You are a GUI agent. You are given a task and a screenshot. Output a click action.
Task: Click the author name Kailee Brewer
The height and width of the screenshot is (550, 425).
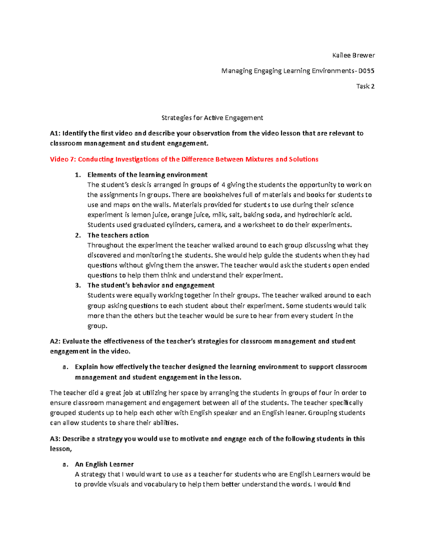(353, 55)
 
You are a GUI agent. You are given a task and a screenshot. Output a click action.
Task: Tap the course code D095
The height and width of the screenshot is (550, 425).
(366, 71)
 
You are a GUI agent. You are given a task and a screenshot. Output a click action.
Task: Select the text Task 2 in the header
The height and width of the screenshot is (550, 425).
(365, 86)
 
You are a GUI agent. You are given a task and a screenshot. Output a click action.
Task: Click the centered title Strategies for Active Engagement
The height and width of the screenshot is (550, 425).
(212, 118)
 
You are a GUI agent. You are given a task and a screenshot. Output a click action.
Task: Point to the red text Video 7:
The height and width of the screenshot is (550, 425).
(63, 159)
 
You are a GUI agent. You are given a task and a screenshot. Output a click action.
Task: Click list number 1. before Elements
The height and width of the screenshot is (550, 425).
(78, 175)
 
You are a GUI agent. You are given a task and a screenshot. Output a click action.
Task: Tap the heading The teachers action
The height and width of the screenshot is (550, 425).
(118, 236)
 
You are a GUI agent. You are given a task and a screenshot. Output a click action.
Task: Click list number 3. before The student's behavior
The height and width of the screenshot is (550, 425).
(78, 285)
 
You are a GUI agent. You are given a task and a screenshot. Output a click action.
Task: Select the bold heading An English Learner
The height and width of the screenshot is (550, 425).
(104, 464)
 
